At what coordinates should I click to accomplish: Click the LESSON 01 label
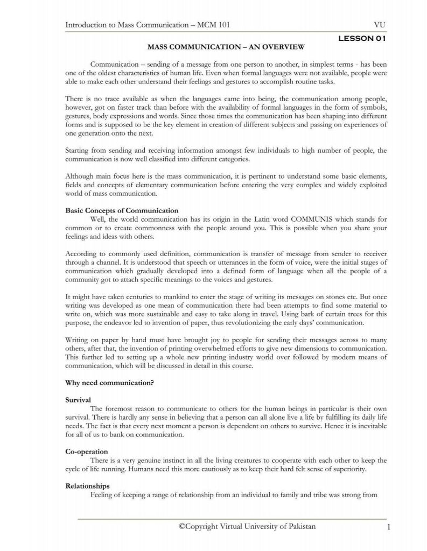pyautogui.click(x=361, y=39)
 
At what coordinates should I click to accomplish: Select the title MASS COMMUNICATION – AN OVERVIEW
pyautogui.click(x=226, y=48)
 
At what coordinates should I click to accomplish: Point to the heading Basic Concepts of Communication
pyautogui.click(x=122, y=210)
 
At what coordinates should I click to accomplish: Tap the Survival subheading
pyautogui.click(x=78, y=400)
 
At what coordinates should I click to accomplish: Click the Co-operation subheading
pyautogui.click(x=87, y=451)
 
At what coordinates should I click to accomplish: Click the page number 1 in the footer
pyautogui.click(x=387, y=527)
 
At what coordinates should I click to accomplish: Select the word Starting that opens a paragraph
pyautogui.click(x=78, y=151)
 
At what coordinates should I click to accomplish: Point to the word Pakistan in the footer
pyautogui.click(x=298, y=526)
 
